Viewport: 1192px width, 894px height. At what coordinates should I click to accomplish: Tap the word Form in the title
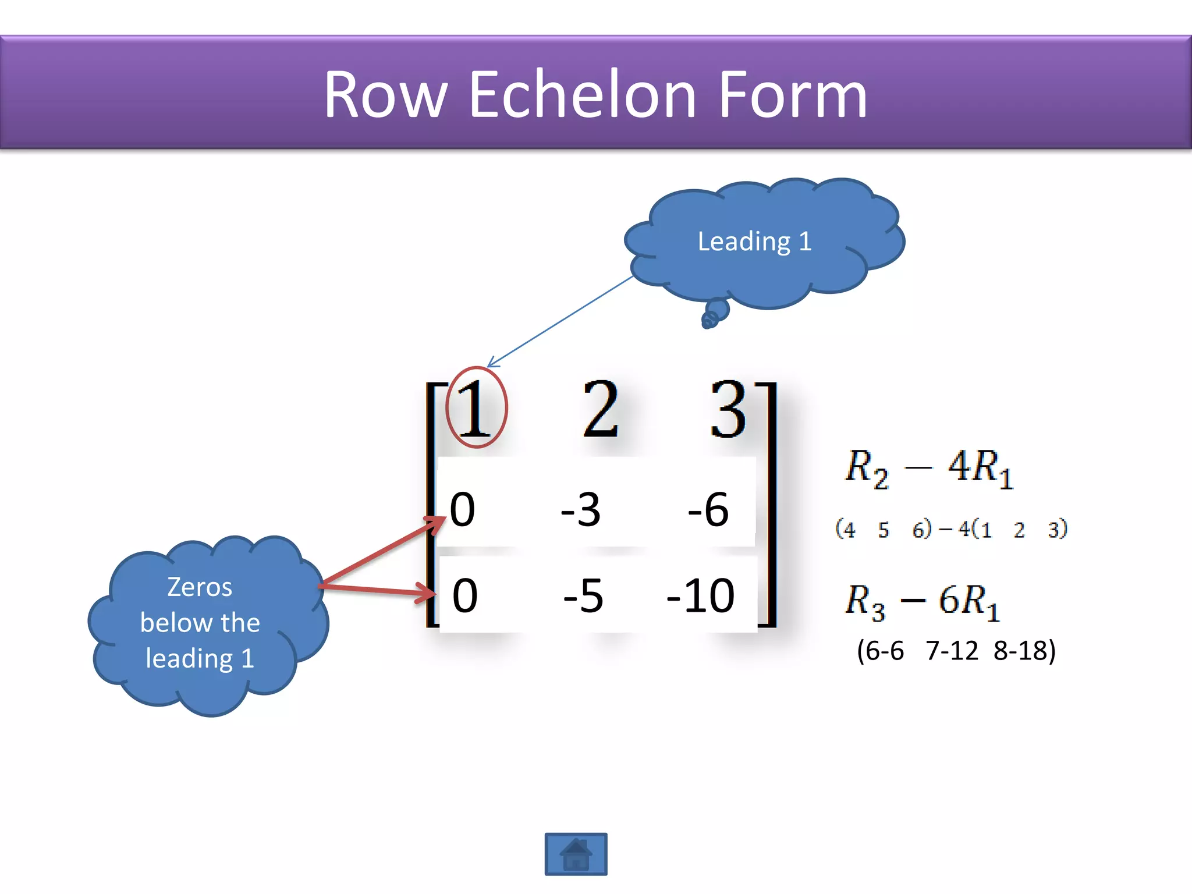click(x=793, y=94)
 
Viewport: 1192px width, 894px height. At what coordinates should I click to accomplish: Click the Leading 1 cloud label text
click(x=754, y=241)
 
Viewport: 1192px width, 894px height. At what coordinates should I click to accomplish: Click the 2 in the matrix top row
click(x=600, y=409)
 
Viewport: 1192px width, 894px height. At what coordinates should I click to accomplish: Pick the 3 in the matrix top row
click(x=728, y=409)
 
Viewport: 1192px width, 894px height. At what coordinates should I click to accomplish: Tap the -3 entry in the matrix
click(x=580, y=509)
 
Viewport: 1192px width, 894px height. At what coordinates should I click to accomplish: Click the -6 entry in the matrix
click(x=708, y=509)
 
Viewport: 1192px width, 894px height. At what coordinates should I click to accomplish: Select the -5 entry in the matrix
click(x=583, y=595)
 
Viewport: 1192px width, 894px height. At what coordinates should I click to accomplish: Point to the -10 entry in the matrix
click(x=701, y=595)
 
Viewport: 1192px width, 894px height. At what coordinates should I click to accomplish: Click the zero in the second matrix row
click(x=463, y=509)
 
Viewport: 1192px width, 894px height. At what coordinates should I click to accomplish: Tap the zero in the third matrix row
click(x=465, y=595)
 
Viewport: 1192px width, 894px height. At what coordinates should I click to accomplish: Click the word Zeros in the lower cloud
click(x=200, y=587)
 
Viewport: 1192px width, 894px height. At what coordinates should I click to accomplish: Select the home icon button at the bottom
click(x=576, y=854)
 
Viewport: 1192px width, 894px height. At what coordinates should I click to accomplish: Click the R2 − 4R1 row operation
click(x=929, y=469)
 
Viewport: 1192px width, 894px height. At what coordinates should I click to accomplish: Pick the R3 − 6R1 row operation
click(x=922, y=601)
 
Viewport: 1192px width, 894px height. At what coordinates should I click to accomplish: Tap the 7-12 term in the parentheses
click(x=952, y=651)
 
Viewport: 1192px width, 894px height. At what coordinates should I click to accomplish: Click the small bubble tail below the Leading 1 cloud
click(x=715, y=313)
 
